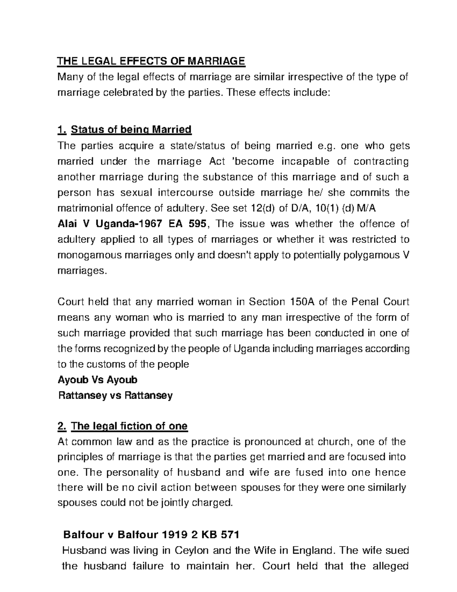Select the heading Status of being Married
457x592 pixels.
point(131,130)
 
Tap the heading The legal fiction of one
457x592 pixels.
point(129,426)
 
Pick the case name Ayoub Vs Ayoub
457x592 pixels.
point(97,380)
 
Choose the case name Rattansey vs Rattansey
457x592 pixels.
point(115,395)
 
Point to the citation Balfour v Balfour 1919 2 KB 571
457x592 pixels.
point(151,535)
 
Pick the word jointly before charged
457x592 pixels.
point(177,503)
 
